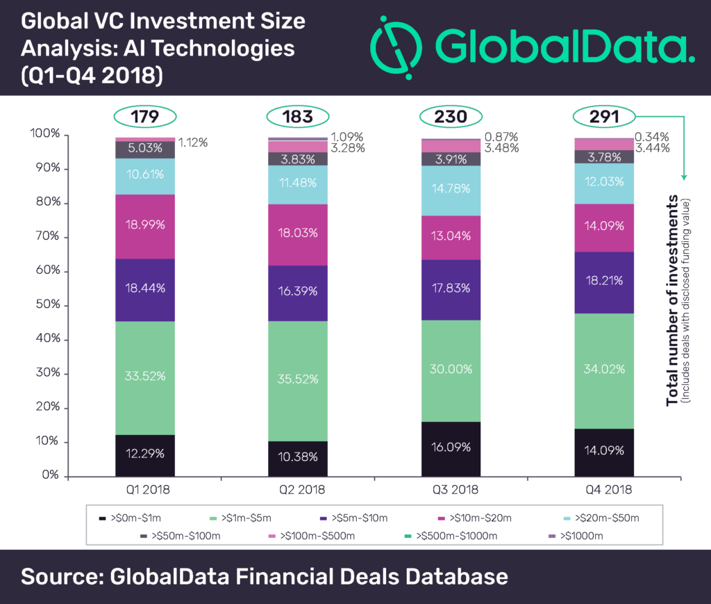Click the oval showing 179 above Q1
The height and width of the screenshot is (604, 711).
point(144,117)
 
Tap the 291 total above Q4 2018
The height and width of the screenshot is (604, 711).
point(604,117)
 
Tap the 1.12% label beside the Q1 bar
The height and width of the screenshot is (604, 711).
point(193,142)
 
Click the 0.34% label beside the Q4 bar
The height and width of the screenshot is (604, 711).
point(651,137)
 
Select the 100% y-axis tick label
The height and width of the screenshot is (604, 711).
point(45,133)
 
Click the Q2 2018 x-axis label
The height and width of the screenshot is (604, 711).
point(302,489)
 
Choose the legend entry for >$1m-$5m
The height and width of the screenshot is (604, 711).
point(241,518)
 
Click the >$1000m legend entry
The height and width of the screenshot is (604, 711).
point(576,536)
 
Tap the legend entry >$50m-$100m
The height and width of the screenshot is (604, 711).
point(181,536)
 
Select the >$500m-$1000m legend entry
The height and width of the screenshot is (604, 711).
point(451,536)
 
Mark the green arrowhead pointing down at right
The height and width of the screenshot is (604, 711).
point(684,177)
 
